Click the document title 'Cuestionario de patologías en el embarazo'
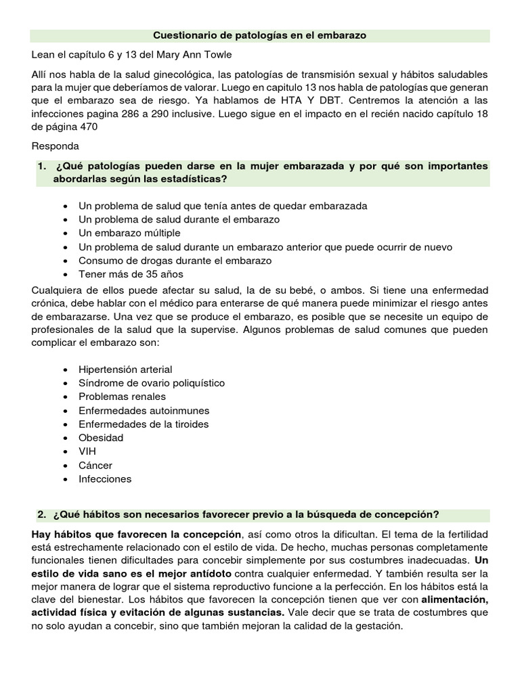point(259,35)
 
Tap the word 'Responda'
point(56,146)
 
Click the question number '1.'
point(43,166)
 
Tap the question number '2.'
point(43,514)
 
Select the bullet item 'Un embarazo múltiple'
point(129,233)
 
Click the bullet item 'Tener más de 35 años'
point(131,274)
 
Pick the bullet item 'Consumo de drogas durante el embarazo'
point(175,261)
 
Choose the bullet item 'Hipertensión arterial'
point(125,370)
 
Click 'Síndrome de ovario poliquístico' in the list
point(152,383)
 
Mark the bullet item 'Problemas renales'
point(122,397)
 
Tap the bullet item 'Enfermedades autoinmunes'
point(144,411)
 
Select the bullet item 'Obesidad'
point(101,438)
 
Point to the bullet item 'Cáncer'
point(95,466)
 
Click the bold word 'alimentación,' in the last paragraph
point(454,600)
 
